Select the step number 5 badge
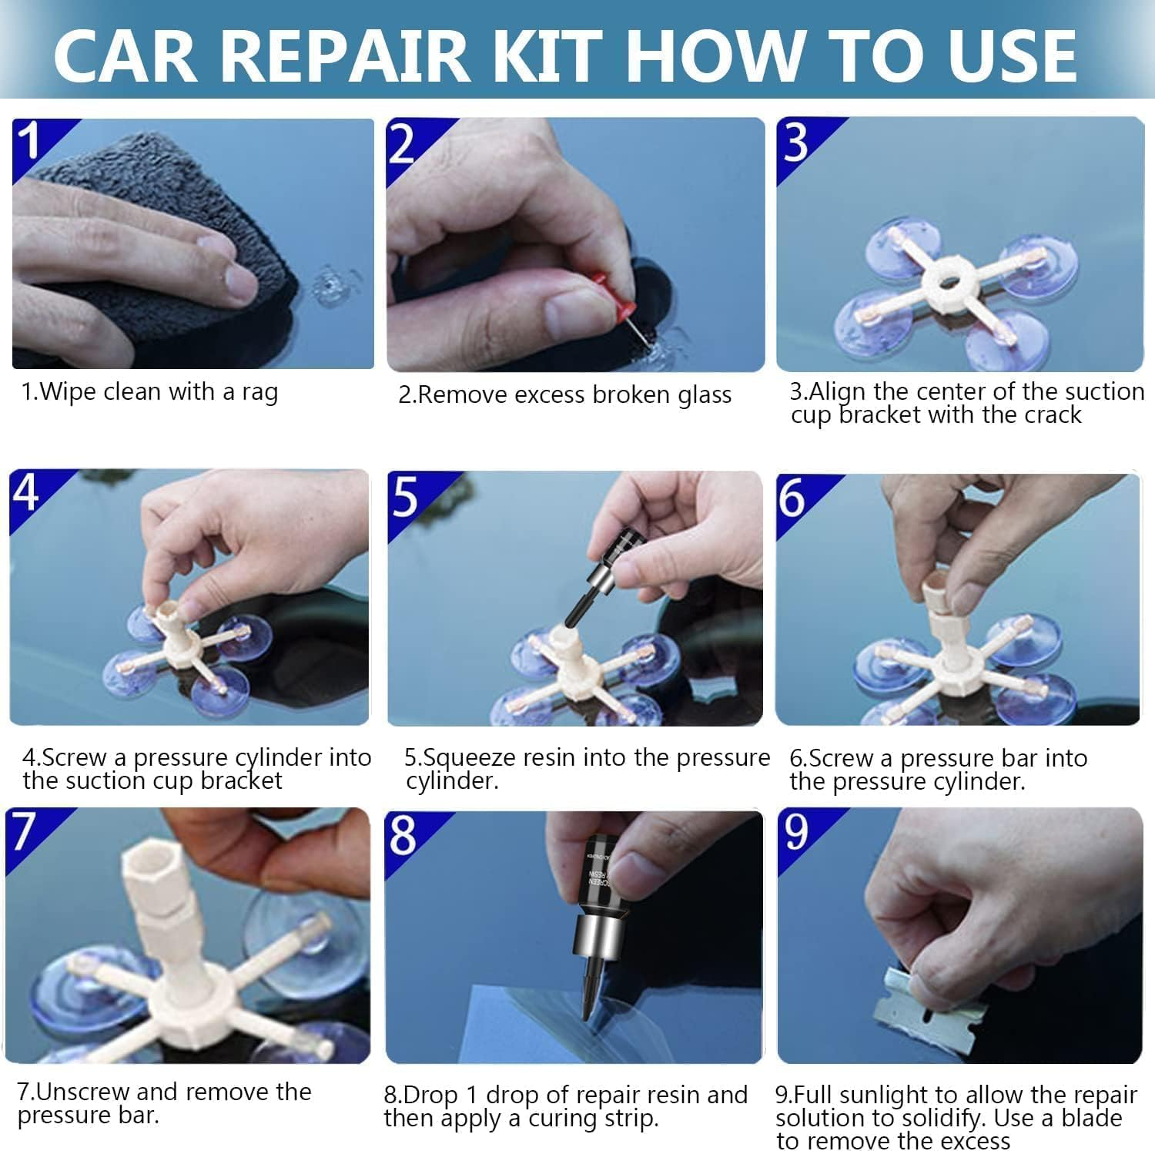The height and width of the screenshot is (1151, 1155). (406, 497)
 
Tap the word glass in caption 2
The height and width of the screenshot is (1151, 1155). (704, 395)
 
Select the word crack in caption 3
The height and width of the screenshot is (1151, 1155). (1053, 415)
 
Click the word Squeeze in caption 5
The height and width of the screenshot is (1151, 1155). (470, 758)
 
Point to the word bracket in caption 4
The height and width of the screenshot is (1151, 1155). (240, 781)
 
